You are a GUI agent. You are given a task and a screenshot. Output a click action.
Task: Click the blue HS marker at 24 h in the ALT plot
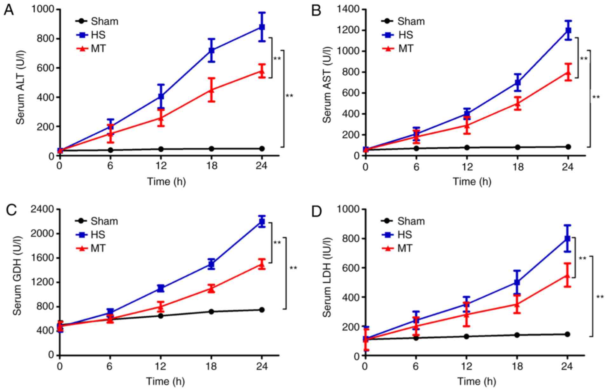(262, 27)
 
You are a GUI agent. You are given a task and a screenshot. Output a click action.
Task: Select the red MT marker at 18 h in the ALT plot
(211, 90)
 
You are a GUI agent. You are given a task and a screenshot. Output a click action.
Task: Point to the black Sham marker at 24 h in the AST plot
(568, 147)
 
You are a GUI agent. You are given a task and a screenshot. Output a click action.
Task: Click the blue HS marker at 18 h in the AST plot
(518, 83)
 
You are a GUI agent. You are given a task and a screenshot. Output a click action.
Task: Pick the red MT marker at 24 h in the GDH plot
(262, 264)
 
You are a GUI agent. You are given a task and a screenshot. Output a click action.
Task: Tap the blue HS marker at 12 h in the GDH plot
(161, 288)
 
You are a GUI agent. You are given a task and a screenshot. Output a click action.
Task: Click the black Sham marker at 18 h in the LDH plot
(517, 335)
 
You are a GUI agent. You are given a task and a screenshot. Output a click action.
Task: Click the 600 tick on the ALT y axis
(45, 68)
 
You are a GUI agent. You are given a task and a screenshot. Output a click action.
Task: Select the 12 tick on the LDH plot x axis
(467, 367)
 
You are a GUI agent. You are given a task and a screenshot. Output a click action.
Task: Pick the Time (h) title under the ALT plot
(166, 181)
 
